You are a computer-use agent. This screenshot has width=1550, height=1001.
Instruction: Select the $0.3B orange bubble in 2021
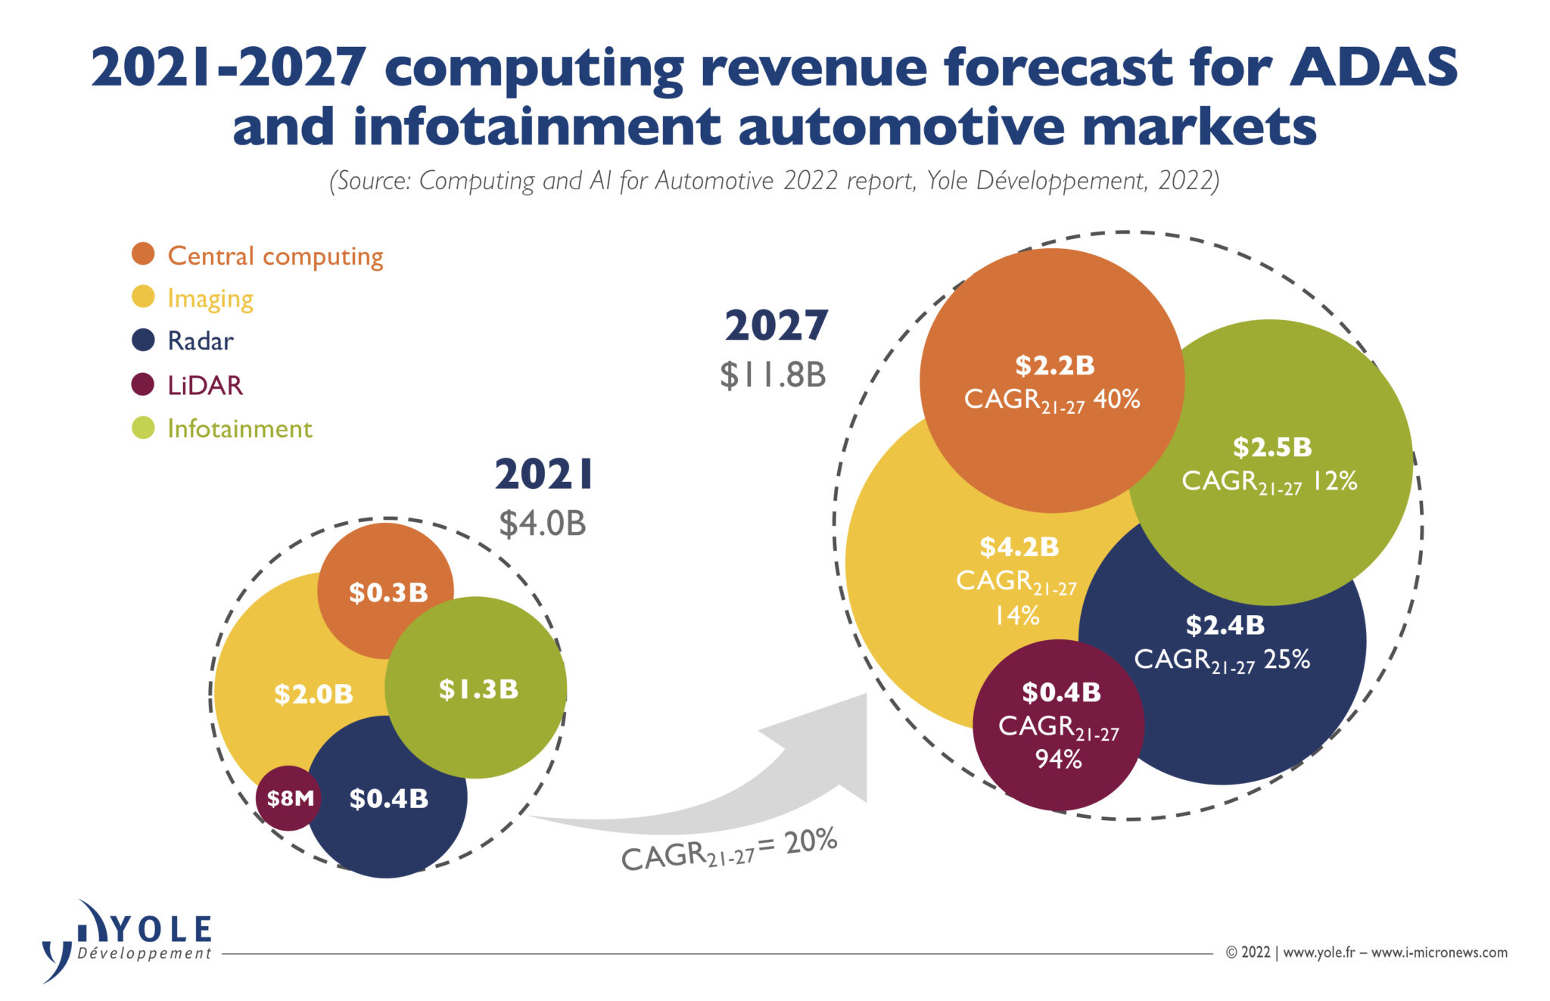point(388,592)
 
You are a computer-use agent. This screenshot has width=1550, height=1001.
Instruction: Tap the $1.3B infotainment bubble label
point(478,689)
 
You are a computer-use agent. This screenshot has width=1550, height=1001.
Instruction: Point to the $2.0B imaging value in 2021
point(313,694)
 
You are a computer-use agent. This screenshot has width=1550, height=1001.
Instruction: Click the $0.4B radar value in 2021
point(389,798)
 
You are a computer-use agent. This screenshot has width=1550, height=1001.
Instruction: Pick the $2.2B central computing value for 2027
point(1054,365)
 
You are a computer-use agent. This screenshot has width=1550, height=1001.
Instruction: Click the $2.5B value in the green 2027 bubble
point(1271,447)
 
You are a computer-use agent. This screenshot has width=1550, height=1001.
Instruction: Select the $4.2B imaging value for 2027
point(1019,546)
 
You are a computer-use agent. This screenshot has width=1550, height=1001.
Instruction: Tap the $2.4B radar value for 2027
point(1225,625)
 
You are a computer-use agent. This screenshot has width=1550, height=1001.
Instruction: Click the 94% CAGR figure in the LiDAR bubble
point(1058,759)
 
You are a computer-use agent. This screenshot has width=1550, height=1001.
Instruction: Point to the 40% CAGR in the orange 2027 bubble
point(1117,399)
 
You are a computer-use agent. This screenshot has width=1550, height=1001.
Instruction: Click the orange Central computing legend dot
point(143,254)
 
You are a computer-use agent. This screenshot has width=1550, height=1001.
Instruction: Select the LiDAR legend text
point(205,385)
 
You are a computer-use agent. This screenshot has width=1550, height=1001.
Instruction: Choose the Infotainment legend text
point(239,429)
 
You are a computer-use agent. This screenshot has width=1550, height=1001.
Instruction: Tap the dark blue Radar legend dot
point(143,340)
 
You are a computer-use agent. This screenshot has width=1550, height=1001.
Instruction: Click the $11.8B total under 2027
point(773,375)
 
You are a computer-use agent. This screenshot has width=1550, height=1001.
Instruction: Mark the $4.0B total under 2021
point(542,524)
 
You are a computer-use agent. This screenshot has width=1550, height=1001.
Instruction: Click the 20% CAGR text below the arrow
point(810,841)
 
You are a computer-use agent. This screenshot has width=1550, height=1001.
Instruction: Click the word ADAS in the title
point(1373,68)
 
